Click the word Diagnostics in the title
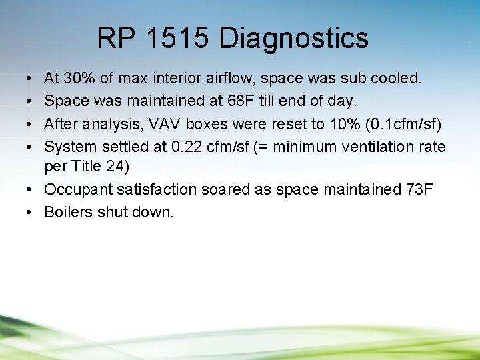(293, 38)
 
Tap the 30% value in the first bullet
(80, 79)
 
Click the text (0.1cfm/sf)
(405, 124)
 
